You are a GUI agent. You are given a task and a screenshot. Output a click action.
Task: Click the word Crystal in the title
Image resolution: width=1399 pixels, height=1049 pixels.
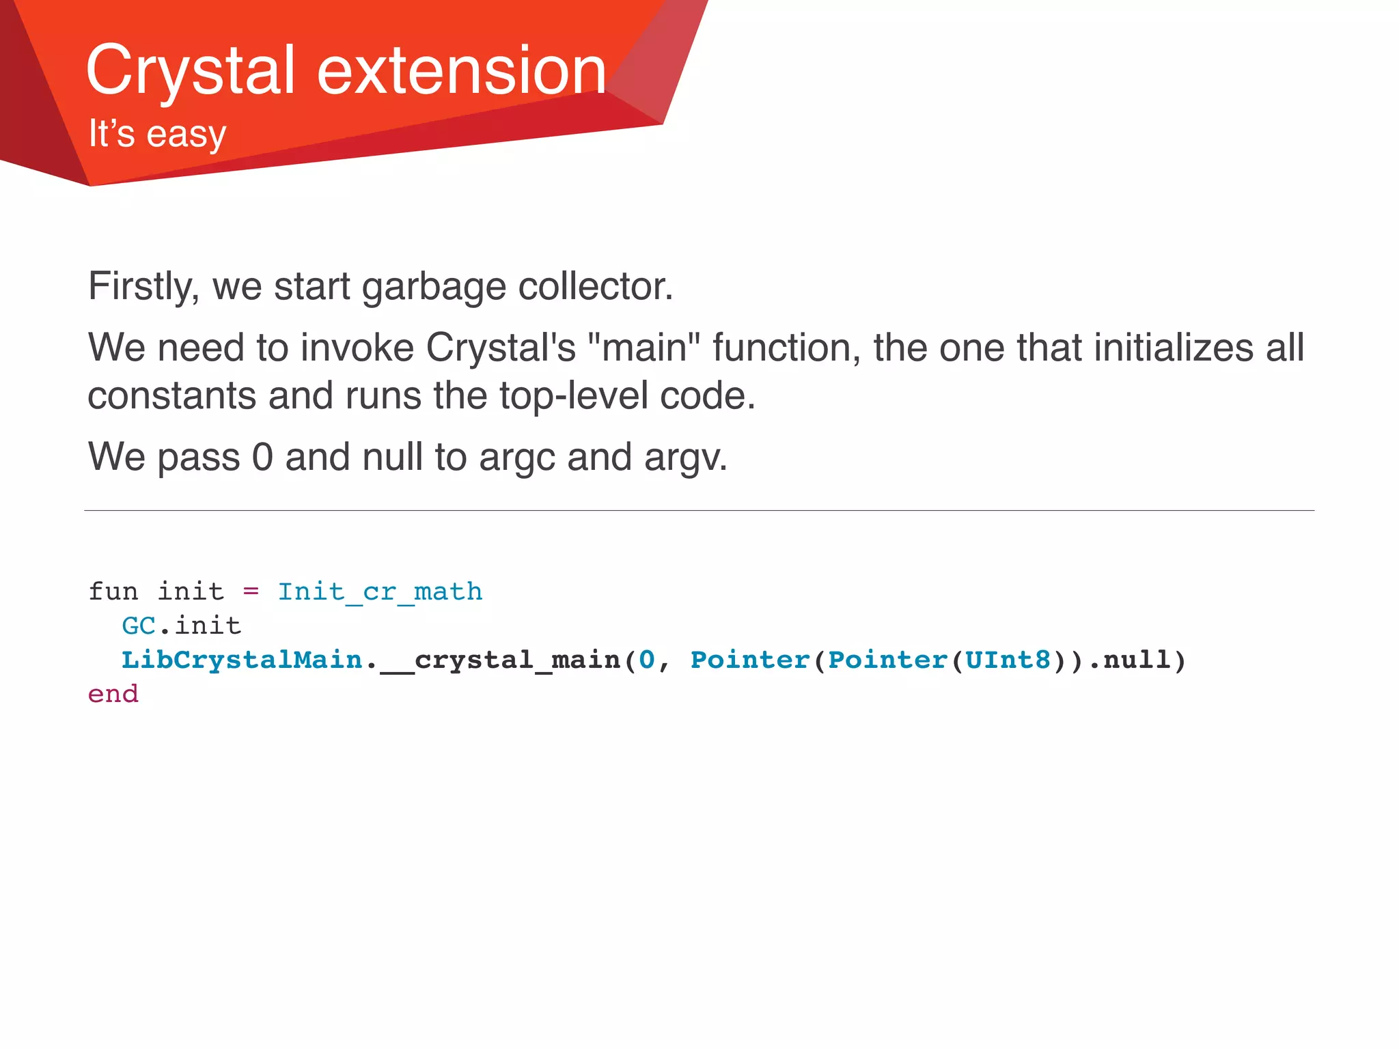pos(190,70)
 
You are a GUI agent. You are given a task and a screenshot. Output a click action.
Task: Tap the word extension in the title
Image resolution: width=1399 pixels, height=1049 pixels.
pos(462,70)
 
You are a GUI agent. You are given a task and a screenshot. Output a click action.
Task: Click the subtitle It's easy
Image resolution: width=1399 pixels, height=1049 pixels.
pos(157,133)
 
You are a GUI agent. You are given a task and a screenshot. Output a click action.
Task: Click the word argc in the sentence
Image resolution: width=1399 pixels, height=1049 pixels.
pos(517,458)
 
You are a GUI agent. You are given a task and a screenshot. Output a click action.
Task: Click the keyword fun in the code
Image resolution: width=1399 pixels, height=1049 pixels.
pos(113,591)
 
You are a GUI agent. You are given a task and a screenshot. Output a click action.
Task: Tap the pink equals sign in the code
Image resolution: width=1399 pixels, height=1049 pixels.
pos(251,591)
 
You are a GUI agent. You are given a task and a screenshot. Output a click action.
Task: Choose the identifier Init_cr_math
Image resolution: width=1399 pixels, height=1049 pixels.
pos(380,591)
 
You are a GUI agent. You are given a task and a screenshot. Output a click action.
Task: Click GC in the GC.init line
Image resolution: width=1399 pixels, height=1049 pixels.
pos(139,626)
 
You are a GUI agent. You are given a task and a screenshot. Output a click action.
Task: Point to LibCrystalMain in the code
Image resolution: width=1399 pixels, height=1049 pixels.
pos(242,660)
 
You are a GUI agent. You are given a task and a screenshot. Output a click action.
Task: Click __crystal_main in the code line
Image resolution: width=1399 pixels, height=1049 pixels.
pos(500,660)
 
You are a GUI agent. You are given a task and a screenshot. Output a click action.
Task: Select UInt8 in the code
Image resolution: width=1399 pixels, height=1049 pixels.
pos(1008,660)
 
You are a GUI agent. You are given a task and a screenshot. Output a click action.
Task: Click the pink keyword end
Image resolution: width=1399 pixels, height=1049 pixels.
pos(113,694)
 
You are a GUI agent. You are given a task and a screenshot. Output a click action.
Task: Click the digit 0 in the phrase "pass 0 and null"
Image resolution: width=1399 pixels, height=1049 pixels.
pos(262,458)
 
